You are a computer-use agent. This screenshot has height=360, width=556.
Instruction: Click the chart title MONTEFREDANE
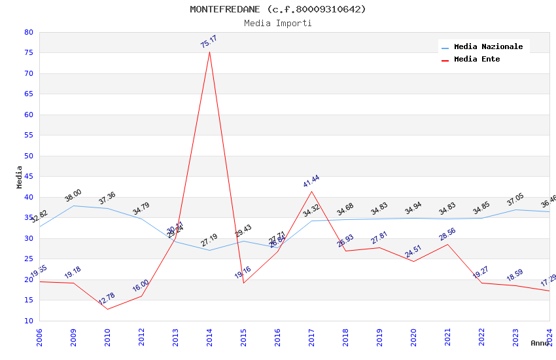click(278, 9)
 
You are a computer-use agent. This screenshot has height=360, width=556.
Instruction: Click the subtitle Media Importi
click(278, 24)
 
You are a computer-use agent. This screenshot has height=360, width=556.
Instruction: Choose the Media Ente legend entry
click(477, 60)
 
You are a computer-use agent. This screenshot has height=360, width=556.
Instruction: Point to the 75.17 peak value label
click(209, 42)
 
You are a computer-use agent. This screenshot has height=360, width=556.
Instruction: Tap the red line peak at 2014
click(209, 52)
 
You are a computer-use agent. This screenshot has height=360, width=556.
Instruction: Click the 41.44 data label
click(311, 181)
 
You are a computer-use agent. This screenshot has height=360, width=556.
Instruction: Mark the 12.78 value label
click(107, 298)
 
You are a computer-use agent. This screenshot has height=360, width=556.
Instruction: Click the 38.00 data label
click(73, 195)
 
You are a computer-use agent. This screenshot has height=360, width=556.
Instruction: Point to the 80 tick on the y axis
click(28, 32)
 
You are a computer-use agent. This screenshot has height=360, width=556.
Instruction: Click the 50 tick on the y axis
click(28, 156)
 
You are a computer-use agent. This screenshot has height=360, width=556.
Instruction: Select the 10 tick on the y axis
click(28, 321)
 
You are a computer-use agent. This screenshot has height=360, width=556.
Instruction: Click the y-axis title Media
click(19, 177)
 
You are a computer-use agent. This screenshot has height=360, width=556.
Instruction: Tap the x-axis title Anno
click(540, 343)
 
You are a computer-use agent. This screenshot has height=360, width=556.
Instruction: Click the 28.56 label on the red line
click(447, 233)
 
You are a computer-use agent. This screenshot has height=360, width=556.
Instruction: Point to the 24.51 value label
click(413, 251)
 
